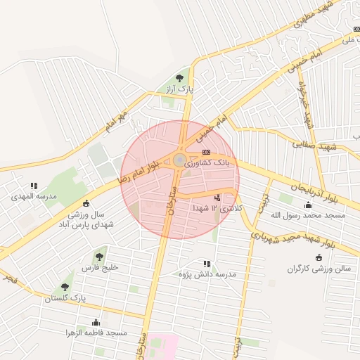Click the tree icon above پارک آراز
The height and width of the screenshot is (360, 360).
(180, 78)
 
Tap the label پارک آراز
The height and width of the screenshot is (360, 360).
(180, 89)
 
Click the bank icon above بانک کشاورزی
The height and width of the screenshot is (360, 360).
(206, 152)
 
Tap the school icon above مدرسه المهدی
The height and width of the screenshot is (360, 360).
(33, 186)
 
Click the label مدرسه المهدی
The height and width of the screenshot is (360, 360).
(33, 197)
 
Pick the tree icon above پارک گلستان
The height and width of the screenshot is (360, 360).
(65, 287)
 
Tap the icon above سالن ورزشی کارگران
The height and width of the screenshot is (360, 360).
(320, 257)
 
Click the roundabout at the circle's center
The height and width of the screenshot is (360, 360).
(180, 160)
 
